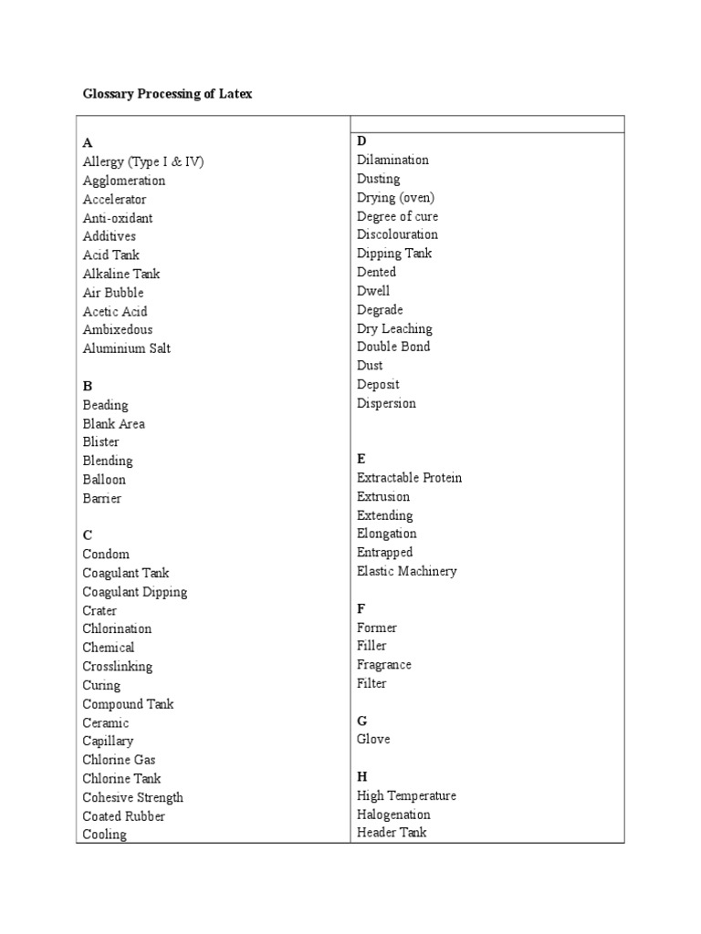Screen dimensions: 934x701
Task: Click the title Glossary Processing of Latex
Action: coord(167,94)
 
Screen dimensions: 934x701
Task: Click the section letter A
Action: coord(88,143)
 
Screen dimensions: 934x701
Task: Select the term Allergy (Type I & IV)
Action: coord(143,161)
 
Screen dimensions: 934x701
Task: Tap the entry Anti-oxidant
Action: coord(118,218)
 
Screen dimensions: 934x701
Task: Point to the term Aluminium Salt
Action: coord(126,348)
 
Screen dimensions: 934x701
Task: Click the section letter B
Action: coord(88,387)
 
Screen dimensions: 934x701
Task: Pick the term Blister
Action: coord(100,442)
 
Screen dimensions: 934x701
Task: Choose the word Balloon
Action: coord(104,480)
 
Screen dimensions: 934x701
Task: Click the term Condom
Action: coord(106,555)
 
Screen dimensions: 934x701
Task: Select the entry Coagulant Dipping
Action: coord(135,592)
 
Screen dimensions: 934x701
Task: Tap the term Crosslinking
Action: coord(118,667)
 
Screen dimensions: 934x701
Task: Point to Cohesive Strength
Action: coord(133,797)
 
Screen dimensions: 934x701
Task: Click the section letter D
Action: coord(361,140)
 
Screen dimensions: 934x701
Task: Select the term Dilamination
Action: coord(392,160)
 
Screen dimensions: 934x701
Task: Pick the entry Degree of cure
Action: coord(397,216)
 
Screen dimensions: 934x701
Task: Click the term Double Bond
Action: coord(393,347)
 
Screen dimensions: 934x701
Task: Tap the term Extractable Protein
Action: coord(410,478)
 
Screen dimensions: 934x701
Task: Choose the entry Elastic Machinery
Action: coord(407,571)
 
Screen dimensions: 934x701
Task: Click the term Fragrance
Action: coord(384,665)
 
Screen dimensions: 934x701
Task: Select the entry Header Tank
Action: coord(392,833)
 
